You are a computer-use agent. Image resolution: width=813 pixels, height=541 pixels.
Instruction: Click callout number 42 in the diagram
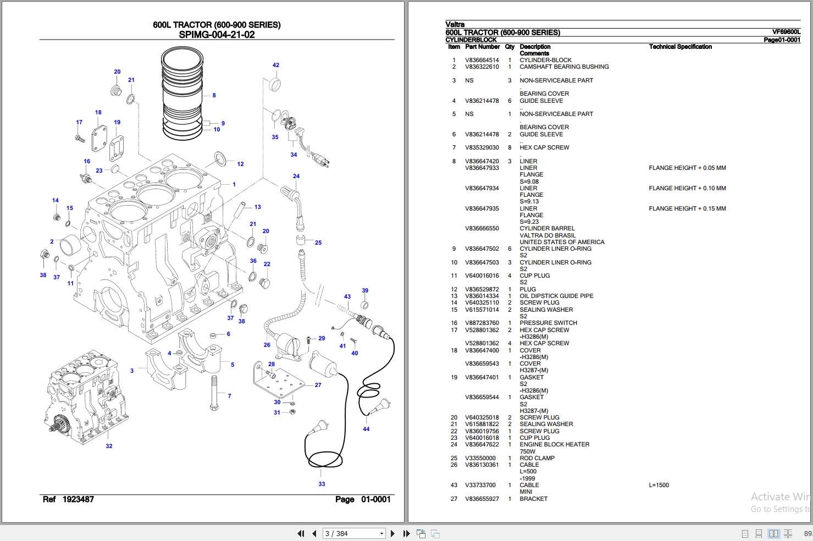click(276, 65)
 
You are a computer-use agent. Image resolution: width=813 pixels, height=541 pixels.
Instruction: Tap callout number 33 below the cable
click(322, 484)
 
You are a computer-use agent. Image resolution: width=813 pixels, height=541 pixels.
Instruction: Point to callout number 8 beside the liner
click(214, 96)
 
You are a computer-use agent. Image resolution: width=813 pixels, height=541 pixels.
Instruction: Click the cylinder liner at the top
click(182, 93)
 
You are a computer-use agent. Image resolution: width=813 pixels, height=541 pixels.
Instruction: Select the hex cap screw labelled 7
click(214, 393)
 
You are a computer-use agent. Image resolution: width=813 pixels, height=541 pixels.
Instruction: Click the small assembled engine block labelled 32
click(86, 397)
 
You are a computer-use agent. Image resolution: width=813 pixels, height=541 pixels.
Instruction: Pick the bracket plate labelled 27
click(279, 380)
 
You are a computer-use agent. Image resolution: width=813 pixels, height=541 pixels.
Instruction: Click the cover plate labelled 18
click(99, 139)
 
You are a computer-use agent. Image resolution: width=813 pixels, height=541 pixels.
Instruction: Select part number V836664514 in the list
click(482, 60)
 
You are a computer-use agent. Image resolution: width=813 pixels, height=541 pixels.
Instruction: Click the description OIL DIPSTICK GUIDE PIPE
click(556, 296)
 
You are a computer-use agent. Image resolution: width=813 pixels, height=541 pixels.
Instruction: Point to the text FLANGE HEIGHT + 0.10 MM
click(688, 188)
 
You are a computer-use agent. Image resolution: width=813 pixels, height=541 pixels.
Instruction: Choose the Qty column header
click(510, 47)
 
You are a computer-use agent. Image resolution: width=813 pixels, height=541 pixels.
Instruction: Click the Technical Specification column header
click(680, 47)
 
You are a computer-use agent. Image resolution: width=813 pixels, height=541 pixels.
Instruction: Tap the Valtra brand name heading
click(455, 24)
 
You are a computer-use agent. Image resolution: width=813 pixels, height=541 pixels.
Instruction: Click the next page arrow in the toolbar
click(392, 533)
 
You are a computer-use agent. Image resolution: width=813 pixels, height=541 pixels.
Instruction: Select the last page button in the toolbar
click(407, 533)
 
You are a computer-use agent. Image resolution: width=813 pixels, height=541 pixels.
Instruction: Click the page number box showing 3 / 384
click(353, 533)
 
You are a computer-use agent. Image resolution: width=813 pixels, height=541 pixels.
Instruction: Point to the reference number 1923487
click(78, 499)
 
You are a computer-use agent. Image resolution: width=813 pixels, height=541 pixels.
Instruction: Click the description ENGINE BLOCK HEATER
click(554, 444)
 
